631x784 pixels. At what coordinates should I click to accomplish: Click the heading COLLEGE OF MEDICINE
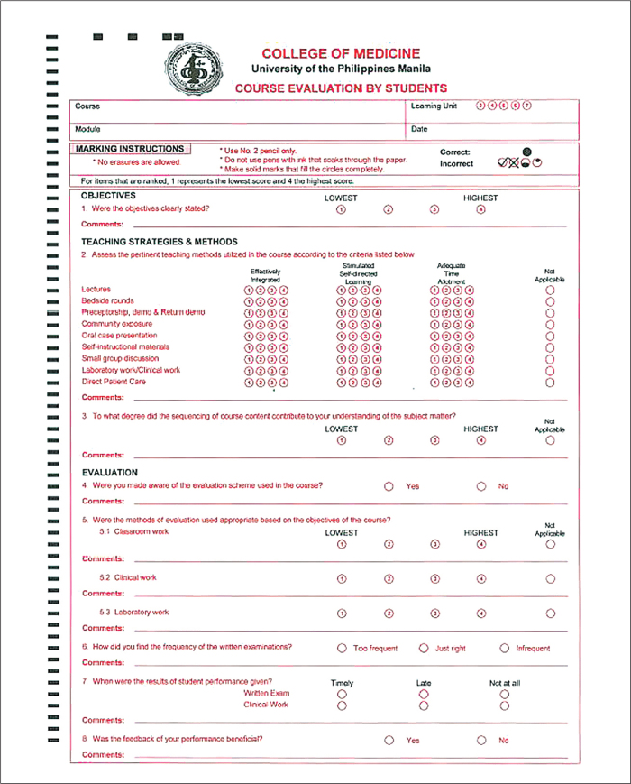click(341, 54)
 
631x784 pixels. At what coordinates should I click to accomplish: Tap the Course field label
click(87, 106)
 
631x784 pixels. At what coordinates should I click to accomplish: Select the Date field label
click(419, 129)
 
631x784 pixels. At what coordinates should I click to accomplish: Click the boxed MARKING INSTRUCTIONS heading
click(130, 149)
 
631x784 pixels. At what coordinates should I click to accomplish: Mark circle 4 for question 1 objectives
click(480, 209)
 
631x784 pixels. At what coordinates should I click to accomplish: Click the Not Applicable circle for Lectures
click(550, 290)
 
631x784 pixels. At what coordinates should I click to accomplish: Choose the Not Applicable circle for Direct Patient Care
click(550, 382)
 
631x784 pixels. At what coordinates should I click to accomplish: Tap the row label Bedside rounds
click(107, 300)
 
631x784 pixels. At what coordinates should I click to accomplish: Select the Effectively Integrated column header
click(265, 275)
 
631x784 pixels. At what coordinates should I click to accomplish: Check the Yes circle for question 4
click(389, 486)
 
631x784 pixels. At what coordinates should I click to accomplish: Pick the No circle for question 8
click(481, 740)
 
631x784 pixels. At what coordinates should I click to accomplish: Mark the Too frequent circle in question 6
click(342, 648)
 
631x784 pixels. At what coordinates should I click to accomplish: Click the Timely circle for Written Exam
click(342, 695)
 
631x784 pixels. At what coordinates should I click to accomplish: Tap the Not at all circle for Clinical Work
click(504, 706)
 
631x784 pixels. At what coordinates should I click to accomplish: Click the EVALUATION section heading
click(109, 472)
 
